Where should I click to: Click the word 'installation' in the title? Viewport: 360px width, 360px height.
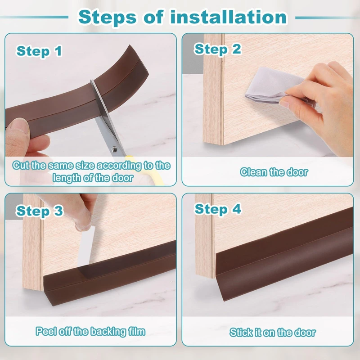click(x=229, y=17)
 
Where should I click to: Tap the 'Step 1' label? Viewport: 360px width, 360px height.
click(x=39, y=51)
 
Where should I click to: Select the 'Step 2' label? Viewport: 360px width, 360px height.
click(x=217, y=49)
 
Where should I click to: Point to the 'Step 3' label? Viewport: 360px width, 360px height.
click(x=39, y=211)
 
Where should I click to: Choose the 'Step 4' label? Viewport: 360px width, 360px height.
click(x=218, y=209)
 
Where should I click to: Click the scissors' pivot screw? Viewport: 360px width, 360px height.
click(x=114, y=149)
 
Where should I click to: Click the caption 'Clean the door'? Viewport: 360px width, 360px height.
click(x=274, y=172)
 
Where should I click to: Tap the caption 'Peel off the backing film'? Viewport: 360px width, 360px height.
click(x=90, y=331)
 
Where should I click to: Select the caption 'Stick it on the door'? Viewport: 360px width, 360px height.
click(x=273, y=332)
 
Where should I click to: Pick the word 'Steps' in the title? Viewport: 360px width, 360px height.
click(x=107, y=17)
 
